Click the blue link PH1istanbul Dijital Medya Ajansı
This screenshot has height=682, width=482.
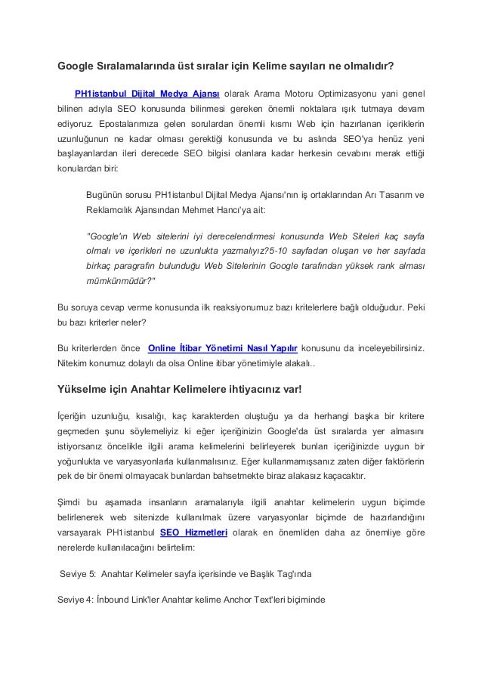[x=147, y=93]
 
